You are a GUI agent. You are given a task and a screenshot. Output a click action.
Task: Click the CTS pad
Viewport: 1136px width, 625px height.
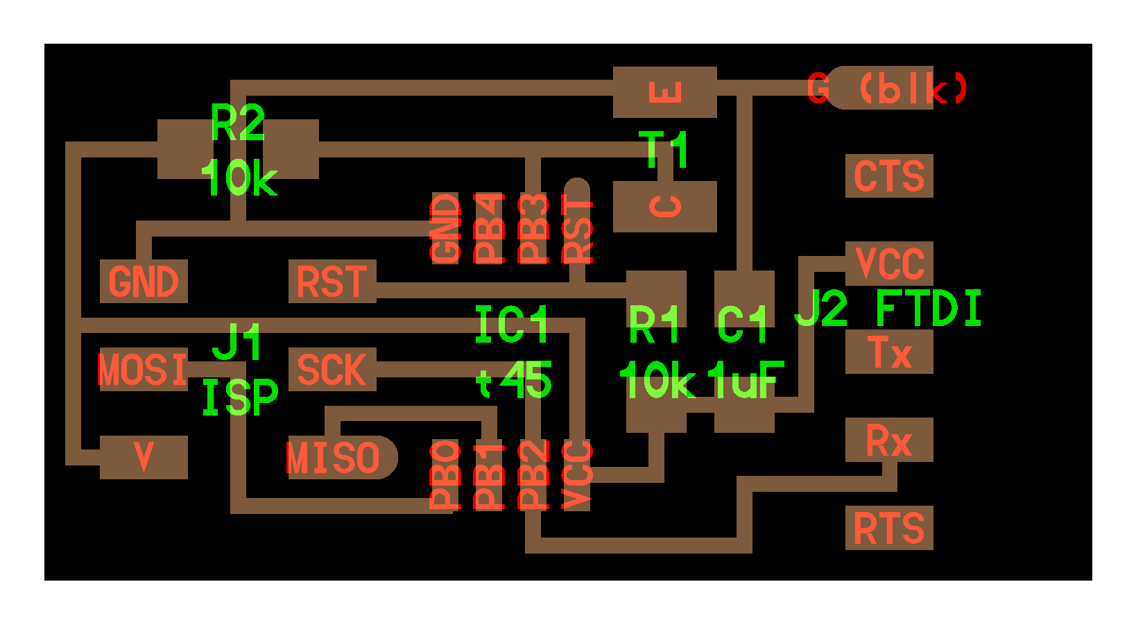click(x=888, y=176)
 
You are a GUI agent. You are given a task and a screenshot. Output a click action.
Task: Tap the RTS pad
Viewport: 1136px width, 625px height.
click(x=888, y=528)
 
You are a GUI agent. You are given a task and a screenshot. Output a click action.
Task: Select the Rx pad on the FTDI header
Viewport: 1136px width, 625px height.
click(x=888, y=440)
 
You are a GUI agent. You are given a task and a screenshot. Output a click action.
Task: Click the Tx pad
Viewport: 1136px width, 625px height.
click(x=888, y=352)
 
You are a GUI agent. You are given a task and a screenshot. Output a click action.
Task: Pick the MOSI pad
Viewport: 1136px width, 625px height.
click(x=144, y=370)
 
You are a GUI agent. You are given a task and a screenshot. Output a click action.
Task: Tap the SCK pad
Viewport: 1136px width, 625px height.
click(x=332, y=370)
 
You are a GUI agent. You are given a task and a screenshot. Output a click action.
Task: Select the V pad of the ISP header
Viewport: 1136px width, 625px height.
click(x=144, y=458)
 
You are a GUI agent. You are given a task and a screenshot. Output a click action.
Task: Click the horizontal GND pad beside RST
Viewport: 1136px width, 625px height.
click(x=144, y=282)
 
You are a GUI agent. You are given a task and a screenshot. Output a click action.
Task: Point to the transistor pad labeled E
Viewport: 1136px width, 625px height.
click(x=664, y=92)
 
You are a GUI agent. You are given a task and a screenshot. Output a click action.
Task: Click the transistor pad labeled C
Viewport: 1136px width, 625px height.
click(x=664, y=207)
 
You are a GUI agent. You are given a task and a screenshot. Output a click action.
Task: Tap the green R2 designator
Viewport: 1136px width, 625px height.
click(x=237, y=123)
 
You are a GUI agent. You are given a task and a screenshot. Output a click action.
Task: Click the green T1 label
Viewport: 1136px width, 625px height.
click(x=664, y=149)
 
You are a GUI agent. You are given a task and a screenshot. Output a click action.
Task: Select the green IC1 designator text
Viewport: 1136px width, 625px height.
click(x=512, y=325)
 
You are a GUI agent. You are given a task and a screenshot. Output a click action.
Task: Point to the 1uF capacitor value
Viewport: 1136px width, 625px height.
click(x=746, y=380)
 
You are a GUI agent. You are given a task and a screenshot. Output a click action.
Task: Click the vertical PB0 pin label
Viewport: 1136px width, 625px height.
click(x=445, y=474)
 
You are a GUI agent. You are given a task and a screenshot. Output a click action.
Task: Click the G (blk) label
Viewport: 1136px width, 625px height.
click(x=888, y=89)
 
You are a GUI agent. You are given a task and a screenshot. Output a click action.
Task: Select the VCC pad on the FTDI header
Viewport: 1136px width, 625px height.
click(x=888, y=264)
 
